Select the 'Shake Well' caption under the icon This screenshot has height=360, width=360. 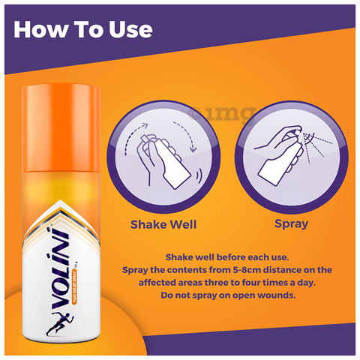coord(158,224)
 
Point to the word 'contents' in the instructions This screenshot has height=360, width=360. coord(189,269)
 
